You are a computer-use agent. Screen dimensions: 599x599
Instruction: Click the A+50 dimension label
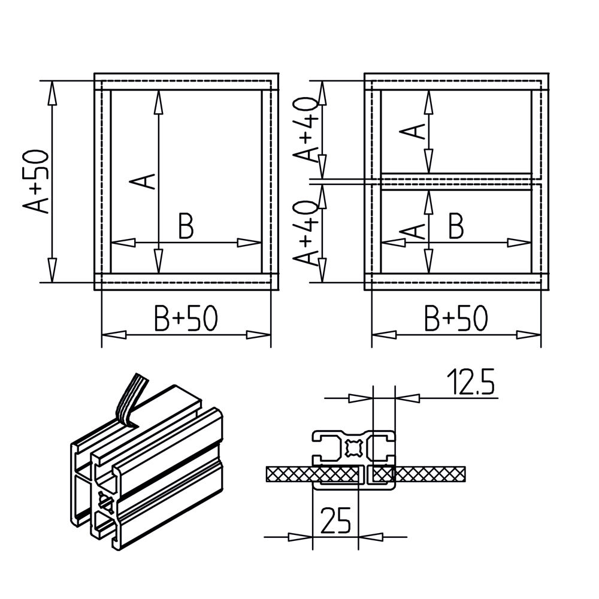tap(36, 181)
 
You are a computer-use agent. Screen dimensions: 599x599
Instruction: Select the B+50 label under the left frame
tap(186, 318)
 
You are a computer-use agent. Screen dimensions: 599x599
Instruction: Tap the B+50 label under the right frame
tap(456, 318)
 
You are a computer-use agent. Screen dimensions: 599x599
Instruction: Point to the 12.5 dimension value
tap(471, 381)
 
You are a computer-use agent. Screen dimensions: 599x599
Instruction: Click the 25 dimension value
tap(335, 521)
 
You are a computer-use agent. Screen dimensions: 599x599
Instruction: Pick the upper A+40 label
tap(305, 130)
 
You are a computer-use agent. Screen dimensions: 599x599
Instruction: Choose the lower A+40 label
tap(305, 232)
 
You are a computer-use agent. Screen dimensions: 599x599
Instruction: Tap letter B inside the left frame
tap(186, 226)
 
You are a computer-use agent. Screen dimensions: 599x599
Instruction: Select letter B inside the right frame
tap(456, 226)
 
